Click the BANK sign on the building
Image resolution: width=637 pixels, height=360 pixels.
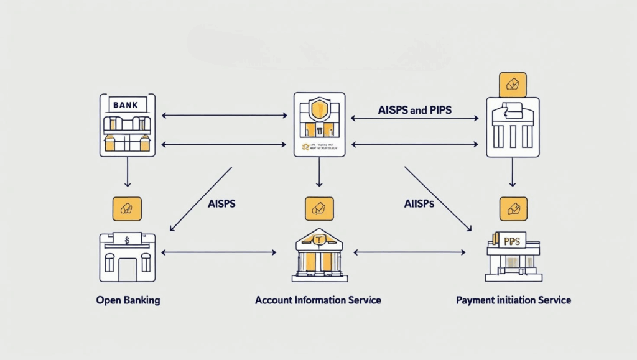point(127,104)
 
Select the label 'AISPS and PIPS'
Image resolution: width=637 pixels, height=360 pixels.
point(415,110)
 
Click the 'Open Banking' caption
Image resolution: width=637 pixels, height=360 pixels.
point(128,300)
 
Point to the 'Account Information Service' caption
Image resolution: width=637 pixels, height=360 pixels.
point(318,300)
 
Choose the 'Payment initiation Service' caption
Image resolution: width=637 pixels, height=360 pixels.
point(513,300)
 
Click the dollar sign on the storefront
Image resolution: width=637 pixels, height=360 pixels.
point(127,239)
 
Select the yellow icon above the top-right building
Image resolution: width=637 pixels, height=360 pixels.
point(513,85)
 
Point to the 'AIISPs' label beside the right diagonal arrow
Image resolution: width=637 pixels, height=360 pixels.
point(419,204)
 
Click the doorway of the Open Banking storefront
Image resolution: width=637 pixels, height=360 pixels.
point(127,269)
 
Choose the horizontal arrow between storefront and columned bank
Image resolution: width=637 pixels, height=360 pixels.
point(218,252)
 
